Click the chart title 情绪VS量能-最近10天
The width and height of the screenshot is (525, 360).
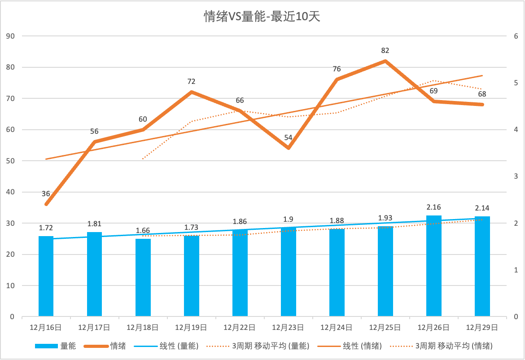262,17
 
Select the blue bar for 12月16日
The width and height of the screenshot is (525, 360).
46,276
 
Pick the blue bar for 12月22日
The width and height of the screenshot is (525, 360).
240,272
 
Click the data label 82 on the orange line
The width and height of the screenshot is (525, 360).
385,50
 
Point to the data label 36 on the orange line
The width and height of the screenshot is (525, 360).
46,194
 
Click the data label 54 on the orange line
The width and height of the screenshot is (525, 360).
288,137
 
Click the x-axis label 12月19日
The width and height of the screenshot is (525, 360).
191,328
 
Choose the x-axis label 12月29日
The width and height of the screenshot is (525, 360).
482,328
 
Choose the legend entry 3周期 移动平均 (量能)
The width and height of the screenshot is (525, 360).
270,346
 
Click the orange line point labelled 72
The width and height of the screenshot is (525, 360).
191,92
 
